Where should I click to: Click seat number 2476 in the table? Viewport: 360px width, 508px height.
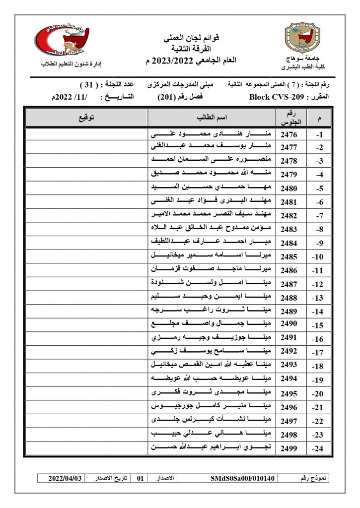[288, 134]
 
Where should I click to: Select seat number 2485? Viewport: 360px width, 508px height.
[288, 256]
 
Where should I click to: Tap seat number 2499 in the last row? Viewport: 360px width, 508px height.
[288, 448]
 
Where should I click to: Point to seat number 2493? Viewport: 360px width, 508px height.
[288, 366]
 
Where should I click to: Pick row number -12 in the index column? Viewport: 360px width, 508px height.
[318, 284]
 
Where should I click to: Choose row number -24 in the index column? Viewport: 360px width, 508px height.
[318, 449]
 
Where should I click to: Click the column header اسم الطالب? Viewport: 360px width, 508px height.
[212, 118]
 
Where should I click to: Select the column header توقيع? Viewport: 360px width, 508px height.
[86, 118]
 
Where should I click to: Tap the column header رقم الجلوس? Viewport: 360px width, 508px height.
[288, 118]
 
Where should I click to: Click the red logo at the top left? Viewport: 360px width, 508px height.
[63, 39]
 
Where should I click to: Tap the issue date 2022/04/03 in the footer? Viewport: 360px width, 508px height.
[65, 479]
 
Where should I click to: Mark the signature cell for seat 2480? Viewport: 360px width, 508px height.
[86, 189]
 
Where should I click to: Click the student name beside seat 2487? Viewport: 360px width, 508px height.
[212, 284]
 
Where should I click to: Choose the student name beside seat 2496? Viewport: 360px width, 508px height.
[212, 407]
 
